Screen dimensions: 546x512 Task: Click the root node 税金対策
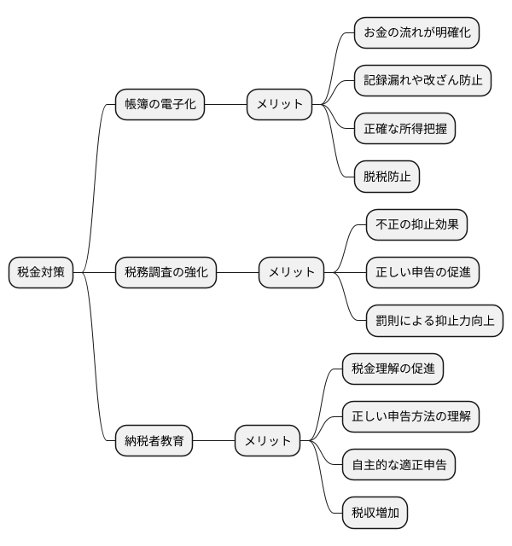41,273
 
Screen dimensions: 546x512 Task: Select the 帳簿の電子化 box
160,105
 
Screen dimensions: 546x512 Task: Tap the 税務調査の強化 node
166,273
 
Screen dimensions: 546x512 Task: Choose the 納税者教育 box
154,441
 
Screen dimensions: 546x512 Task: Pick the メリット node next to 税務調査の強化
292,273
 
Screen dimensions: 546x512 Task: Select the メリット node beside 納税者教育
268,441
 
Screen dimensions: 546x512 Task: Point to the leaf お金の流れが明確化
416,33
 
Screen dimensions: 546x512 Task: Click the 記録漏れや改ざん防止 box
422,81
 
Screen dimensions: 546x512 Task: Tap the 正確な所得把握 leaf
404,129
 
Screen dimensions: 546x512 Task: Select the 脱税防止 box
387,177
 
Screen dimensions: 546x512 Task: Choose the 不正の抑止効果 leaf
416,225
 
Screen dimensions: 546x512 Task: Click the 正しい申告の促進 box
422,273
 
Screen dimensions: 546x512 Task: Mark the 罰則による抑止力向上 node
434,321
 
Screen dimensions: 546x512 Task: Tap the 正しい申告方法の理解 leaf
410,417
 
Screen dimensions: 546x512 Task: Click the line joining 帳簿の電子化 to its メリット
226,105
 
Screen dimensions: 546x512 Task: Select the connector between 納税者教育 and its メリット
214,441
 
